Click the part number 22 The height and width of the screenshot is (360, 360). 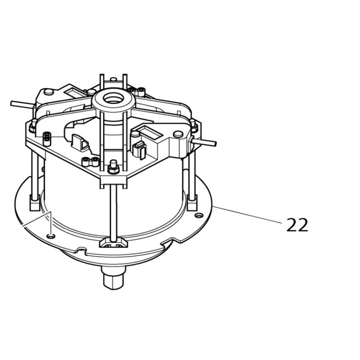[297, 224]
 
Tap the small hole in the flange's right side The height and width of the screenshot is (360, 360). [199, 215]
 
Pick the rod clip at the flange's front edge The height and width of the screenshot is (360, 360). [113, 244]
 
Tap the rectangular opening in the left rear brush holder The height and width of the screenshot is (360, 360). [69, 92]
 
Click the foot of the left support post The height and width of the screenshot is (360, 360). [34, 204]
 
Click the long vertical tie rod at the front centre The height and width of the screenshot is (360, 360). [113, 210]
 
